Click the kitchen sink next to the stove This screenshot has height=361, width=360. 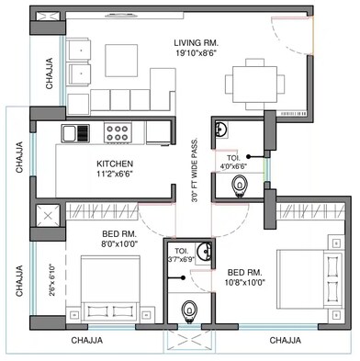point(75,133)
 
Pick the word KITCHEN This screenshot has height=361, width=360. point(117,165)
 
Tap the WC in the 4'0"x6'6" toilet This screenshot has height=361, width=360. point(238,186)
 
